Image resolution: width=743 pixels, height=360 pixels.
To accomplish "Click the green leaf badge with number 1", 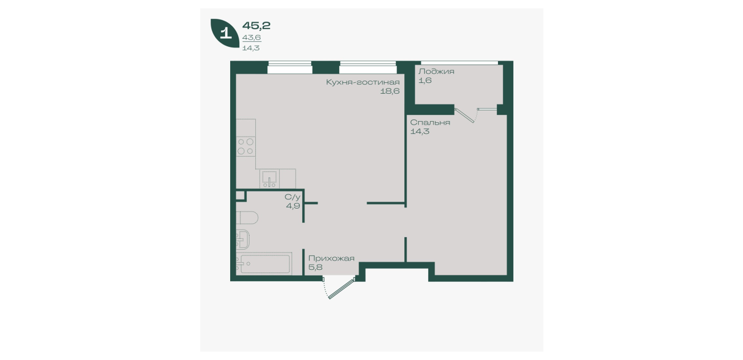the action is click(x=225, y=33).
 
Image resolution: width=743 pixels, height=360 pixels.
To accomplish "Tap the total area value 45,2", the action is click(x=256, y=26).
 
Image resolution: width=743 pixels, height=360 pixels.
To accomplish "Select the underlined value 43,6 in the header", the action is click(x=251, y=38).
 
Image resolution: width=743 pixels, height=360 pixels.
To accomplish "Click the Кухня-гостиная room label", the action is click(x=363, y=82).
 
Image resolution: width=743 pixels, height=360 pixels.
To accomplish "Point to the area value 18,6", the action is click(x=389, y=91).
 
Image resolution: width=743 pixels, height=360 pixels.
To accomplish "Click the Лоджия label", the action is click(x=436, y=71).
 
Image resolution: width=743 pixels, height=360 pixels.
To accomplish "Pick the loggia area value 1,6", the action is click(x=425, y=81).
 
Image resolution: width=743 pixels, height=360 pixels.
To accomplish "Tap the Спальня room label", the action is click(x=430, y=122).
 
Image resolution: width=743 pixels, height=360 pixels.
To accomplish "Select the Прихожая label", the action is click(x=331, y=258).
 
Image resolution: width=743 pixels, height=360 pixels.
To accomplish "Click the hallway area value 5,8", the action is click(x=315, y=267).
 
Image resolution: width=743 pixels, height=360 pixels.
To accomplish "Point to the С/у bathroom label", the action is click(x=292, y=197).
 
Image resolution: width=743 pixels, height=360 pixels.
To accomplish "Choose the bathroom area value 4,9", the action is click(x=293, y=206).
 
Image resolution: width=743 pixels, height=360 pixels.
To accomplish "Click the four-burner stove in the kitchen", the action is click(x=246, y=146).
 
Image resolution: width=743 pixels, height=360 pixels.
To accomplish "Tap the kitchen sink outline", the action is click(x=270, y=178).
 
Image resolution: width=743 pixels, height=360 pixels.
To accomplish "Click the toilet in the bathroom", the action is click(x=247, y=218).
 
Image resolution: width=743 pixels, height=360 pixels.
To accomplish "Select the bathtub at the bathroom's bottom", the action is click(x=264, y=264).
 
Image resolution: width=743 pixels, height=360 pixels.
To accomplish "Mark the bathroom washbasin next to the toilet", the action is click(x=243, y=239).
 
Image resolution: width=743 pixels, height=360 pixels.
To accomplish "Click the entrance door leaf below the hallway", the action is click(x=342, y=289).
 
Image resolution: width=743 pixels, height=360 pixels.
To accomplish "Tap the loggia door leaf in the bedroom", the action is click(x=464, y=115).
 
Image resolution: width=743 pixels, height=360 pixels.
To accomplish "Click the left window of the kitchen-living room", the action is click(x=290, y=67).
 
